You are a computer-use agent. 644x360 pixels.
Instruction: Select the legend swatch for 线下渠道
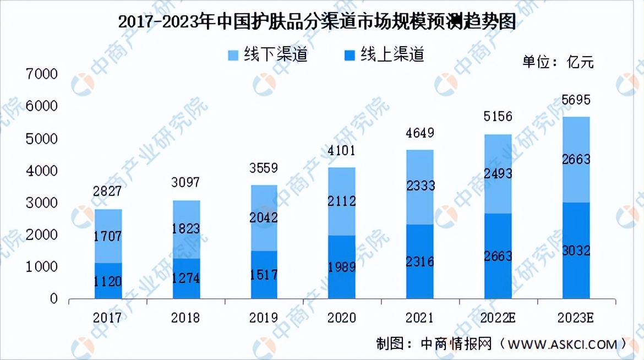(232, 55)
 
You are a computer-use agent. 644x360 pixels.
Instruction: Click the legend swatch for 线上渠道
(349, 55)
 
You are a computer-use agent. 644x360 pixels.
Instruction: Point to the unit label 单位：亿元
(558, 62)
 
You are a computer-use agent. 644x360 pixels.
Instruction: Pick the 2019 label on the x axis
(265, 318)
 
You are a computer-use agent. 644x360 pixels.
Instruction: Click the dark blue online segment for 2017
(108, 281)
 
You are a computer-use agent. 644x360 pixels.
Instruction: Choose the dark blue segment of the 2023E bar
(576, 250)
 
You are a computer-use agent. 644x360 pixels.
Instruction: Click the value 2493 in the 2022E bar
(498, 173)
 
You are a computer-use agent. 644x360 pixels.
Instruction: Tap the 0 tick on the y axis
(53, 299)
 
